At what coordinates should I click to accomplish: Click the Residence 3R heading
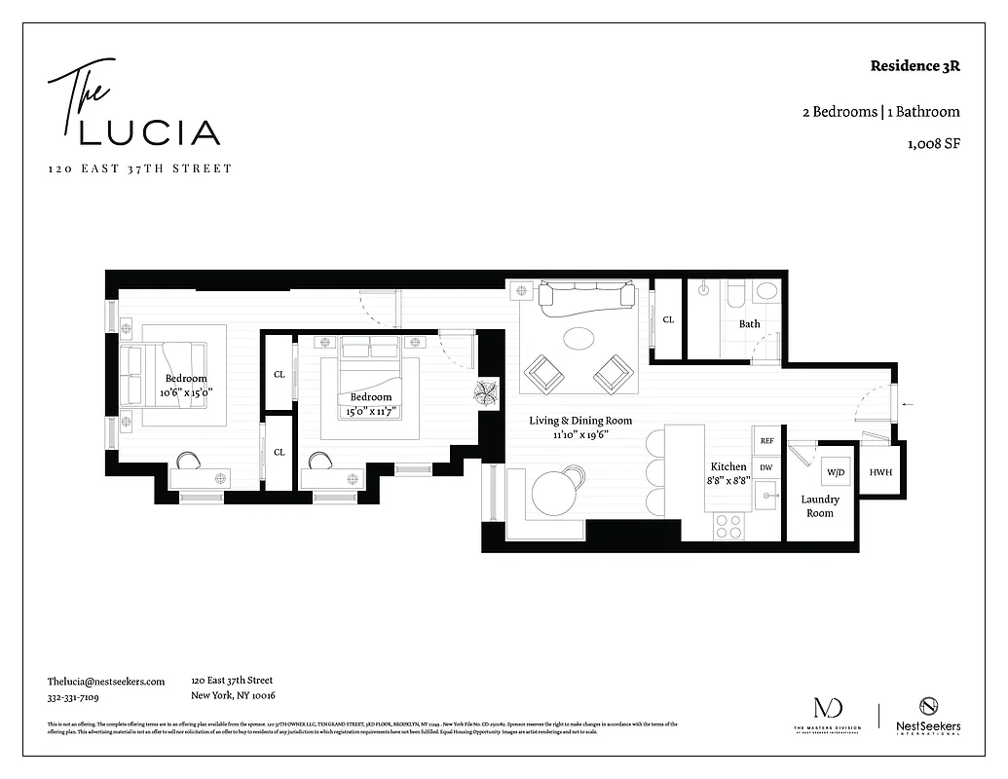point(915,67)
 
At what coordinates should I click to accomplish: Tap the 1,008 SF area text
point(933,144)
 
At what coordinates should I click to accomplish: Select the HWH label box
point(880,472)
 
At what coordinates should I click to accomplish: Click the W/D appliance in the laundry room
point(836,472)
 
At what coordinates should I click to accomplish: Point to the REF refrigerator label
point(766,441)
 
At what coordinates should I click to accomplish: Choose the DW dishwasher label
point(766,468)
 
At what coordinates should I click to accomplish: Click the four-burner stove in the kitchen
point(728,526)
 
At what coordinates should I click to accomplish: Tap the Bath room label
point(749,324)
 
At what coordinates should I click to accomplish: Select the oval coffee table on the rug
point(579,338)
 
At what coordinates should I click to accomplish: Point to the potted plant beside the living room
point(487,392)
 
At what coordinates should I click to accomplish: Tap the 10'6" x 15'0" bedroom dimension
point(186,391)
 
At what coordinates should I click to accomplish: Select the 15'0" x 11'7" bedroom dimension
point(371,410)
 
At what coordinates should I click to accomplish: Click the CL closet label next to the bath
point(668,319)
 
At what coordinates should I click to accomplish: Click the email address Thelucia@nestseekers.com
point(106,682)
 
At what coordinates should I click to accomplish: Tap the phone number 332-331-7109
point(73,697)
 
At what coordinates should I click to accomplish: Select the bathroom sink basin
point(767,290)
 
